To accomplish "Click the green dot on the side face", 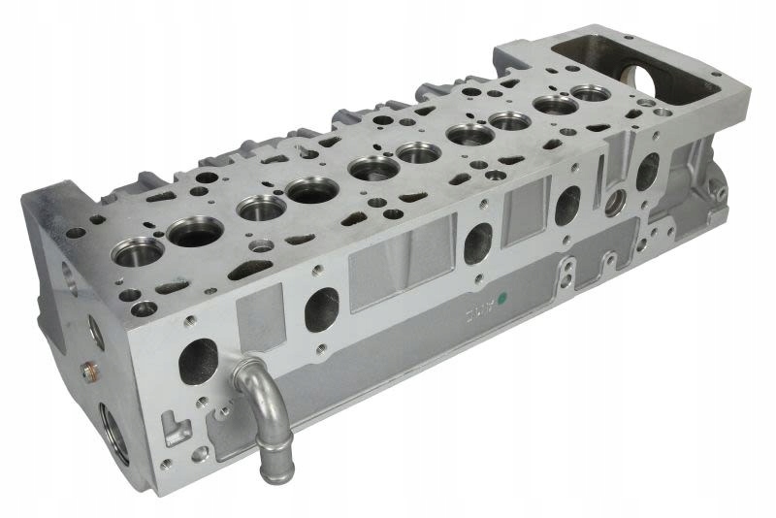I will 501,300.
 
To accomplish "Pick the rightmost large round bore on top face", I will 589,94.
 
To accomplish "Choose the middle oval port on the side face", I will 478,243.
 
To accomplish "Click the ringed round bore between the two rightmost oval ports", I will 614,203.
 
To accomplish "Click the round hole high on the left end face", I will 71,275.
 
